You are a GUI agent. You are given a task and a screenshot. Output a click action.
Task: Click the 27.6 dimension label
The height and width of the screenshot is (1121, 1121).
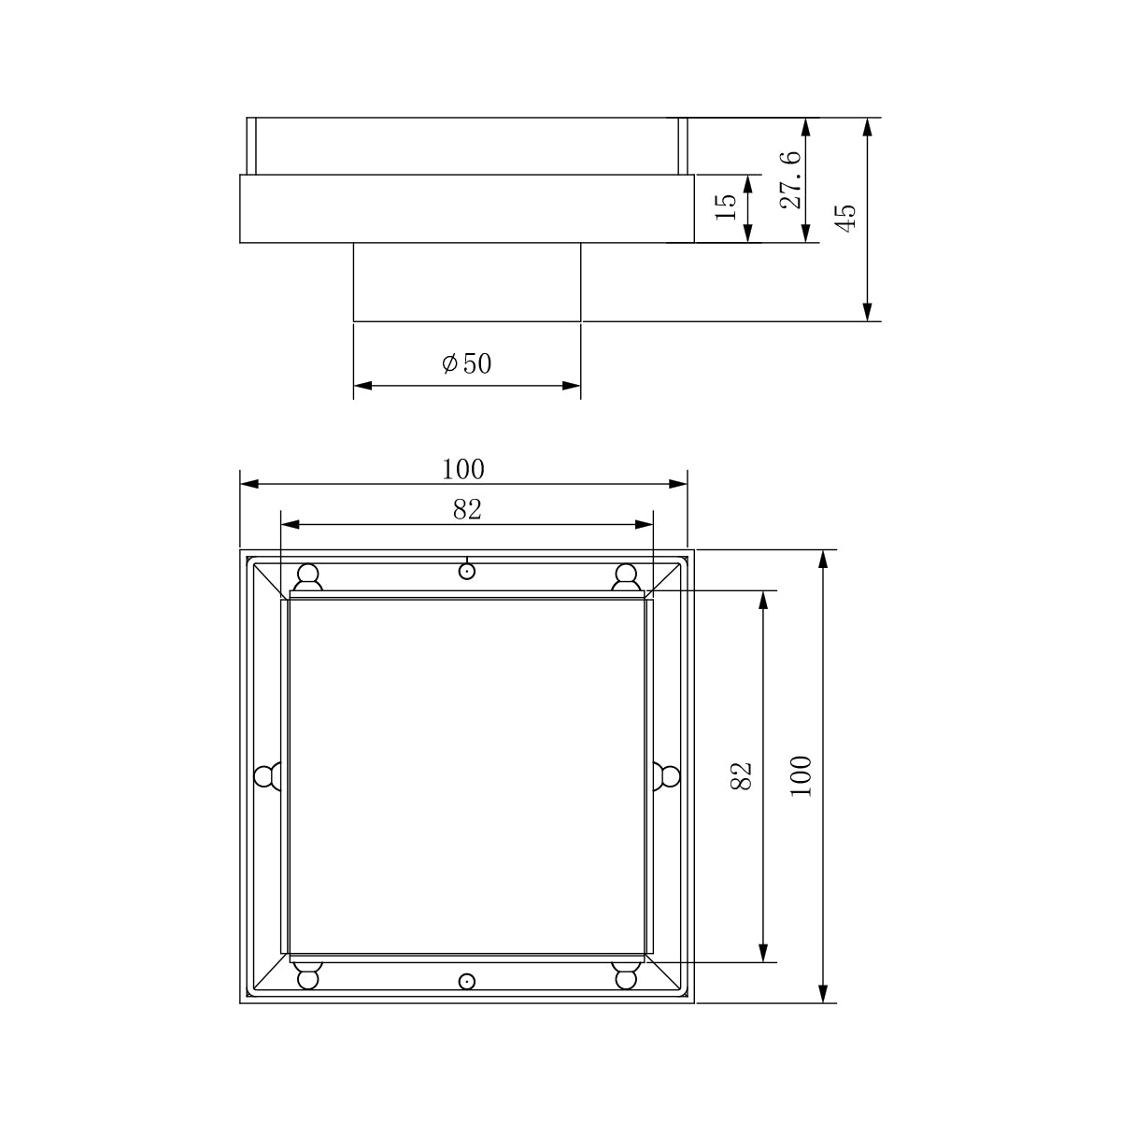[790, 180]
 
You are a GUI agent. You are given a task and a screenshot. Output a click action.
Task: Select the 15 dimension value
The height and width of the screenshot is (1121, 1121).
[727, 206]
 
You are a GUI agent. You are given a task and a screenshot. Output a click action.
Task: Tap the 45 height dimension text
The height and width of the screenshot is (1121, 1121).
[844, 220]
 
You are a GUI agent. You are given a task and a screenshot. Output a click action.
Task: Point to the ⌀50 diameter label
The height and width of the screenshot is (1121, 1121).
[467, 363]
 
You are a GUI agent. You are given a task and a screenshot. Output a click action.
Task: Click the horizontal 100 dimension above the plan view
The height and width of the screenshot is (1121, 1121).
[463, 469]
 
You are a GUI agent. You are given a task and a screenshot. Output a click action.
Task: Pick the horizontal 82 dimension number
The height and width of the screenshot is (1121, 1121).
[466, 509]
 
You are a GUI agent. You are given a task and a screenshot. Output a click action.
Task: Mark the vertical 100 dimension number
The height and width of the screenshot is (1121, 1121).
[802, 775]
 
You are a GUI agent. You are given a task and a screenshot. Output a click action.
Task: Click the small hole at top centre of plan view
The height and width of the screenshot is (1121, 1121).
[466, 571]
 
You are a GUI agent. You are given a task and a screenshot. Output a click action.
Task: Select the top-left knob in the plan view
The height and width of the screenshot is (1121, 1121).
[307, 577]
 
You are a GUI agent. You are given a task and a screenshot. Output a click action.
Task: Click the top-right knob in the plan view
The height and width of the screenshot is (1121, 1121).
[625, 577]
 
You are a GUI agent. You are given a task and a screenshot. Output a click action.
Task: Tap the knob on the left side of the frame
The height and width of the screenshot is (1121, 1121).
[267, 775]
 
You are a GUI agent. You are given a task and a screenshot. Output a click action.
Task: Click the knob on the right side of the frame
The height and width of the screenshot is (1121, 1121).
[666, 775]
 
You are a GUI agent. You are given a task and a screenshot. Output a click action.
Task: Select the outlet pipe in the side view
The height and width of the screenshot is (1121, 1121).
[466, 282]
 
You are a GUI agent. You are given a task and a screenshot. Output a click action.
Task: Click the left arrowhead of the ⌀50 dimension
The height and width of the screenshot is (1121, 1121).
[362, 384]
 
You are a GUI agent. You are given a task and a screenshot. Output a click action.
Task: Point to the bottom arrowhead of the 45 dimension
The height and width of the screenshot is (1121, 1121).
[868, 313]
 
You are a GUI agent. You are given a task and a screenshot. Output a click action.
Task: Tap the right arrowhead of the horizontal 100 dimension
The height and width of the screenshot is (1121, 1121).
[679, 483]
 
